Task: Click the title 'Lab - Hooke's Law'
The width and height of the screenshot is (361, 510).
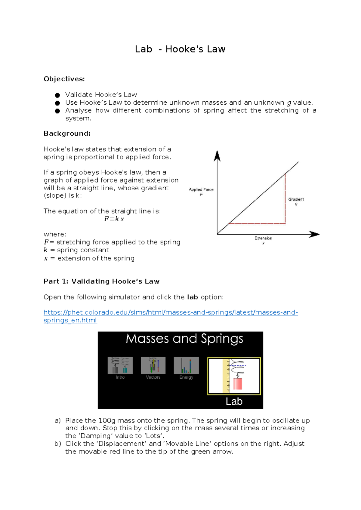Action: [x=180, y=49]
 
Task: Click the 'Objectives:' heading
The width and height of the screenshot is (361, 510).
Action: [x=64, y=79]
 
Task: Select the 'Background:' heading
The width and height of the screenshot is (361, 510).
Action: [x=67, y=133]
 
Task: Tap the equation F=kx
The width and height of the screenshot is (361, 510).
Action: [x=114, y=219]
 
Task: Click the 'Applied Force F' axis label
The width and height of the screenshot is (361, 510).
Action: [x=201, y=192]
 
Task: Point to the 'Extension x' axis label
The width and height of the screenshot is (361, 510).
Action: [x=263, y=240]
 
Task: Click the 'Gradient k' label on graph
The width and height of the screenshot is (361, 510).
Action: [x=296, y=201]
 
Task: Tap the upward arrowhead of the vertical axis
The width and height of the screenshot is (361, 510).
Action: [x=217, y=156]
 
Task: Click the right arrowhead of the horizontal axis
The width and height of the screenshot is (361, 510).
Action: [x=314, y=234]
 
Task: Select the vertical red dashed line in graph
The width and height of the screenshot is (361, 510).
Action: [x=285, y=198]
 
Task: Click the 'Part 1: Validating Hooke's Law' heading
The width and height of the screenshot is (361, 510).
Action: [x=101, y=281]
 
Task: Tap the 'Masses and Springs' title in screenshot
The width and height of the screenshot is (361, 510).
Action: [x=184, y=339]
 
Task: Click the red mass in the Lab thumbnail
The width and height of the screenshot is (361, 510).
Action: [x=238, y=384]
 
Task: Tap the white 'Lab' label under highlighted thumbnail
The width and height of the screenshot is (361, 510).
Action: [x=234, y=401]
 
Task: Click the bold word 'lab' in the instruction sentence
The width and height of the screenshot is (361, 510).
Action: [x=192, y=297]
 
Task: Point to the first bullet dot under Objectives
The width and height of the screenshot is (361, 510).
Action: [x=57, y=95]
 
